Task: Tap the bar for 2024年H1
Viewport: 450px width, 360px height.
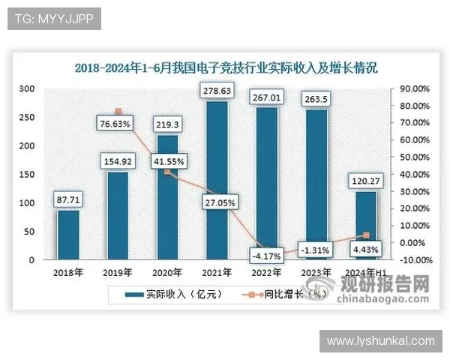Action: pos(366,225)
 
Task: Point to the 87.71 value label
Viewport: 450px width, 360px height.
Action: pos(68,199)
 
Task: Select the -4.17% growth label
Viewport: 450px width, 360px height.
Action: pos(266,256)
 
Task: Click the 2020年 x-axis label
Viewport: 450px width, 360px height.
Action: pos(167,272)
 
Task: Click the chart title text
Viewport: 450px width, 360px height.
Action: pos(226,67)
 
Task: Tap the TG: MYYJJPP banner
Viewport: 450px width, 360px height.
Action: pos(53,19)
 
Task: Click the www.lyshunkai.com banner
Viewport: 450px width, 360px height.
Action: pos(381,341)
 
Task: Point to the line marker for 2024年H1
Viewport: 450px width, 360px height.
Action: pos(366,235)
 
